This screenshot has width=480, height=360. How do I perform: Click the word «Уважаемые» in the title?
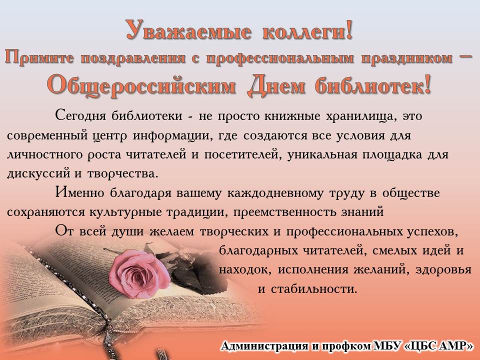point(189,30)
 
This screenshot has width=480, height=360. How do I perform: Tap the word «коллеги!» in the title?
point(307,30)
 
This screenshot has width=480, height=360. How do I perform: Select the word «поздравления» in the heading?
point(133,58)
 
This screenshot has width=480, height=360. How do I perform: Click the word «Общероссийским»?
point(141,85)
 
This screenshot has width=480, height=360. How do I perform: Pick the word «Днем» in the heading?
point(276,85)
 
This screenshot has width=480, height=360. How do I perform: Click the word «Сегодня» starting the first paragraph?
point(81,115)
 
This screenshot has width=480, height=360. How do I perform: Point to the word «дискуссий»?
point(38,173)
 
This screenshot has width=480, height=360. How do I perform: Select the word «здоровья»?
point(443,269)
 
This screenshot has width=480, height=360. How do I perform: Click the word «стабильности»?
point(314,288)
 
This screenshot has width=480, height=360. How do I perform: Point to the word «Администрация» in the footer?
point(264,346)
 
